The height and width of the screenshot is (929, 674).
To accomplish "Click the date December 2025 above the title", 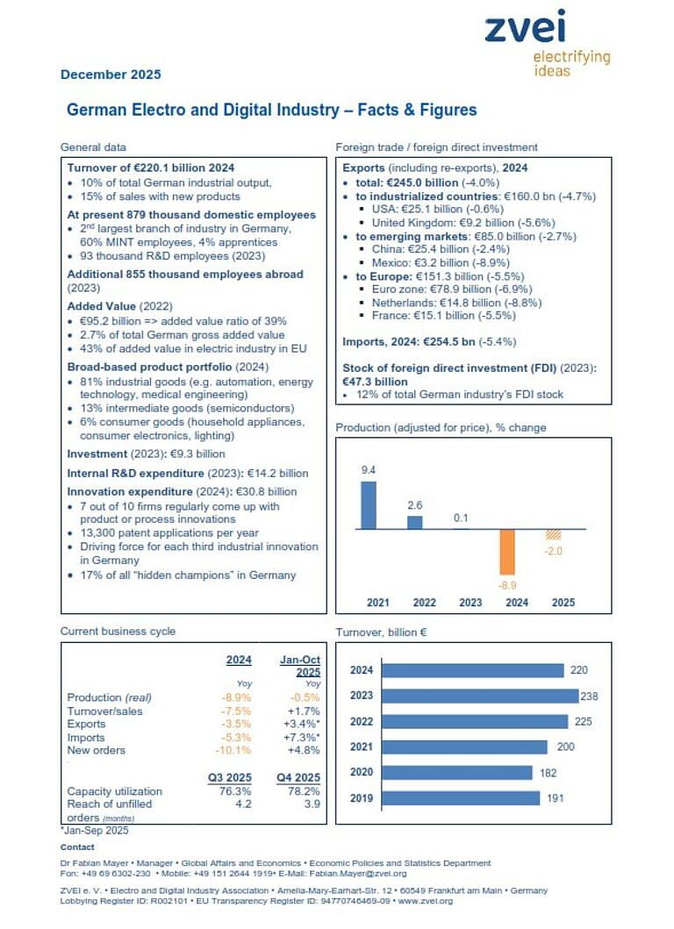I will pyautogui.click(x=111, y=75).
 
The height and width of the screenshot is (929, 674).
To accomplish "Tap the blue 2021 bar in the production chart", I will pyautogui.click(x=369, y=504).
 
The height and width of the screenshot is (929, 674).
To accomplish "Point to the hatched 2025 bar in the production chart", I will pyautogui.click(x=554, y=534).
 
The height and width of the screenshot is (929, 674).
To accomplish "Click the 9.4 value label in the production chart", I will pyautogui.click(x=369, y=470).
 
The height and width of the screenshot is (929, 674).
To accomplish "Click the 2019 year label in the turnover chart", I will pyautogui.click(x=362, y=798).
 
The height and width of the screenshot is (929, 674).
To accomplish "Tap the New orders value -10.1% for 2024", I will pyautogui.click(x=233, y=750).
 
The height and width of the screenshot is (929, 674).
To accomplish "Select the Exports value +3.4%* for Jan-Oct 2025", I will pyautogui.click(x=302, y=724).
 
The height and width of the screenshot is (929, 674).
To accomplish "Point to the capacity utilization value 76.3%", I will pyautogui.click(x=233, y=791).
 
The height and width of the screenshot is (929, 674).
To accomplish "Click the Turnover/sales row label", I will pyautogui.click(x=104, y=711).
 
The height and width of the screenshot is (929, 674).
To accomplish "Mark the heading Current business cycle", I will pyautogui.click(x=118, y=631).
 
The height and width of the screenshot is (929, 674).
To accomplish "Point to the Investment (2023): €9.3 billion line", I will pyautogui.click(x=147, y=454).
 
